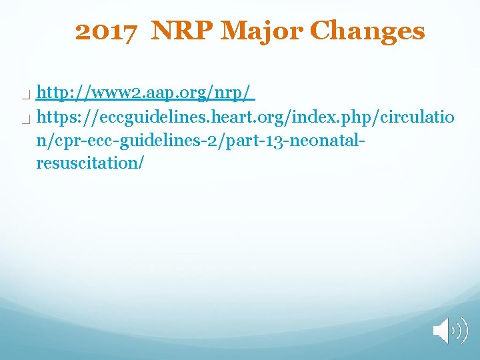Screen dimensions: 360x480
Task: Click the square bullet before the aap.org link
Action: pyautogui.click(x=25, y=95)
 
